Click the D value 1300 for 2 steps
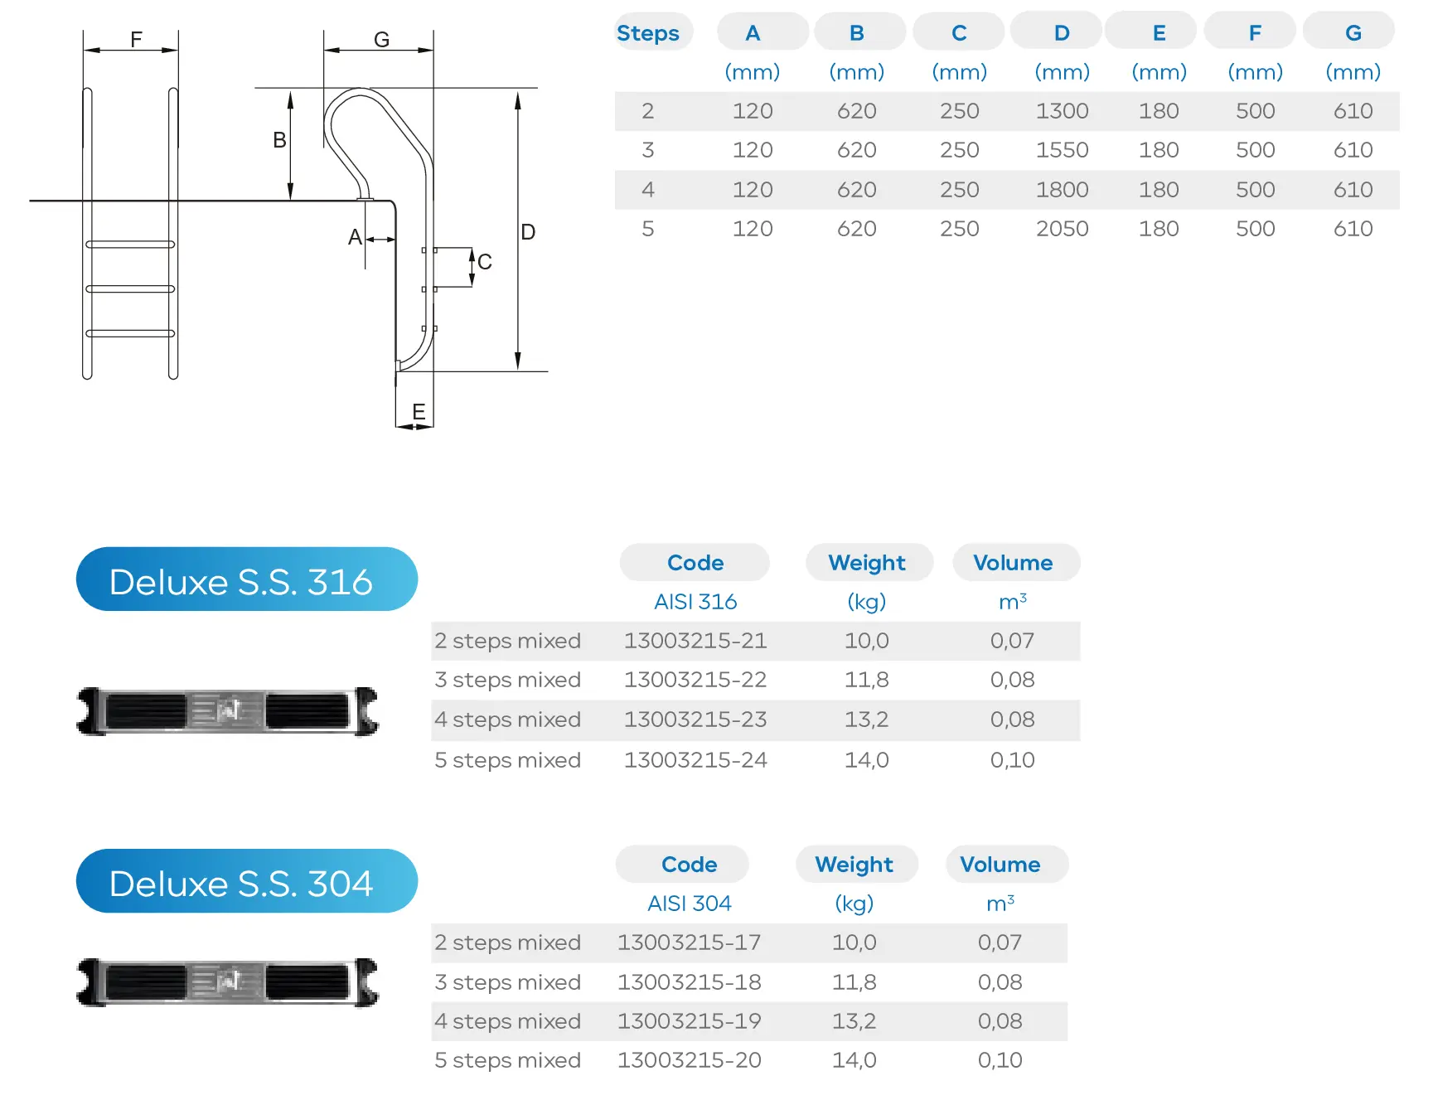[x=1062, y=111]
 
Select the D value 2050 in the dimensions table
[x=1062, y=229]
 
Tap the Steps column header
[x=648, y=33]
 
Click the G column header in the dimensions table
[x=1353, y=33]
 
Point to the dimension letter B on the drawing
[x=280, y=140]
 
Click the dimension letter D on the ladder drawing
[x=528, y=232]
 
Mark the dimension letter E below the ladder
[x=419, y=411]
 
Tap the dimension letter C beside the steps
[x=485, y=262]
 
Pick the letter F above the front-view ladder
[x=137, y=39]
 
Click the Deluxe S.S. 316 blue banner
[x=246, y=580]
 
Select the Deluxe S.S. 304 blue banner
[x=246, y=882]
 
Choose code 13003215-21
[x=695, y=641]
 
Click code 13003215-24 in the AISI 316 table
[x=695, y=760]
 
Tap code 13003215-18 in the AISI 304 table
[x=689, y=982]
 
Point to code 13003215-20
[x=689, y=1060]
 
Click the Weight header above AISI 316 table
[x=867, y=563]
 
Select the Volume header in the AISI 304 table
[x=1000, y=865]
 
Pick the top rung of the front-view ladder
[x=130, y=245]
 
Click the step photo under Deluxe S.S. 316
[x=228, y=711]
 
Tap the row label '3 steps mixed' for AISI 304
[x=507, y=982]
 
